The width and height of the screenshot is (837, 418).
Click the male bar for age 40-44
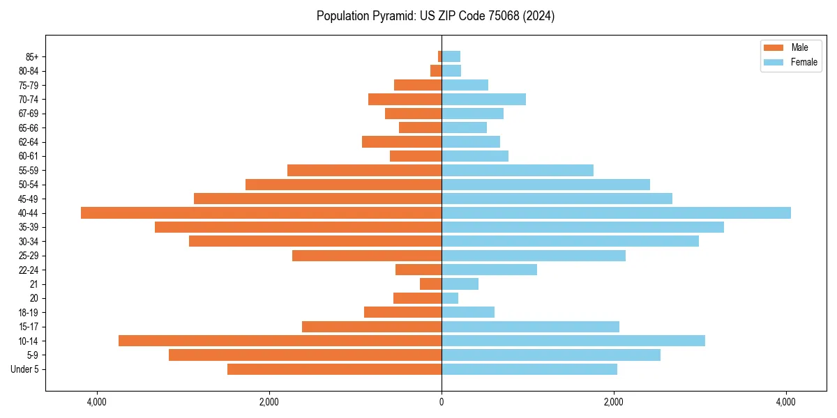(261, 212)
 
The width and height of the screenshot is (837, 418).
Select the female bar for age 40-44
(616, 212)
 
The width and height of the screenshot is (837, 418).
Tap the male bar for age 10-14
(280, 341)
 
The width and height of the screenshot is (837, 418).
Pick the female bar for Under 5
(529, 369)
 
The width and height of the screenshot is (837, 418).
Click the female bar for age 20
(450, 298)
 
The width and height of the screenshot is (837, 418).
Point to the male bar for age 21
(430, 284)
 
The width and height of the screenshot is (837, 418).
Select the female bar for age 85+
(451, 56)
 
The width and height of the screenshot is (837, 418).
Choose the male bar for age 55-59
(364, 170)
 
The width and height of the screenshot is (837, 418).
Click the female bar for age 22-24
(489, 270)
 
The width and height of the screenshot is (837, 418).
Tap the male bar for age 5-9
(305, 355)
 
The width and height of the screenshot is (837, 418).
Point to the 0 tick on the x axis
(442, 402)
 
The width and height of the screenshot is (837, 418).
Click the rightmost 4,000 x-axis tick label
(786, 402)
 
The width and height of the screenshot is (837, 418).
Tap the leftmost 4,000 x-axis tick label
(96, 402)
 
